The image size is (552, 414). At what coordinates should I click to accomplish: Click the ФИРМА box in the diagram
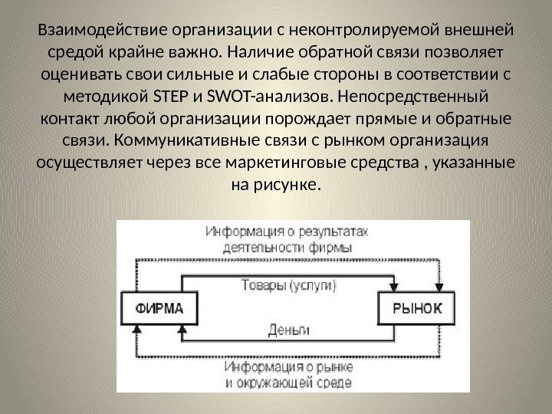point(159,309)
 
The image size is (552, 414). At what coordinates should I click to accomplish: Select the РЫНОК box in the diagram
point(416,309)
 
